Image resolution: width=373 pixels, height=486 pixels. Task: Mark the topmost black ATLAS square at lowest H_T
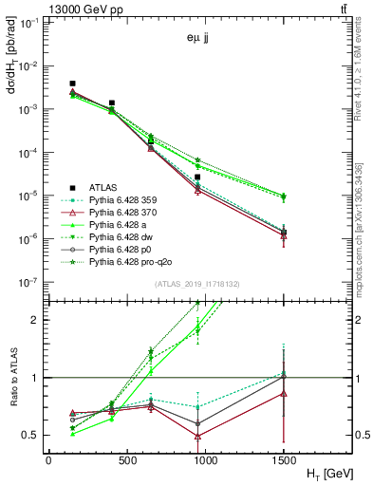coord(73,84)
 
